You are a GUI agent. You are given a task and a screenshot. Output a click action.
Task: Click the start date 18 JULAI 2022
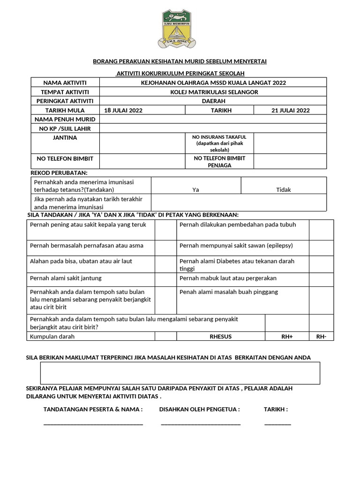point(123,110)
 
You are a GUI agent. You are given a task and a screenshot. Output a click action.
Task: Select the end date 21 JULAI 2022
point(290,110)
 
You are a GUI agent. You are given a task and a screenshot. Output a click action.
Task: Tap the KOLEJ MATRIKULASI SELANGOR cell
point(214,92)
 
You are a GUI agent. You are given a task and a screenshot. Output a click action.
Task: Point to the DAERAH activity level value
point(214,101)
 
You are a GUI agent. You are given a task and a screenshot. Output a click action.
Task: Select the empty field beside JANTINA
point(142,143)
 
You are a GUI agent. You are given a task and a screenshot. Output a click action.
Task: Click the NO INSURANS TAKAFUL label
point(219,143)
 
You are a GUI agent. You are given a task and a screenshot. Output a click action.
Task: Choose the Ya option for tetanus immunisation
point(196,190)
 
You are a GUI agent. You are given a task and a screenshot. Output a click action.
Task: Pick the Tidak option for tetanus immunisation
point(283,190)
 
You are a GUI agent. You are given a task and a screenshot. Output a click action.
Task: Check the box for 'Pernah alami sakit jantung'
point(165,278)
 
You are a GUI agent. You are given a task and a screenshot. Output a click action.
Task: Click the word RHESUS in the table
point(220,337)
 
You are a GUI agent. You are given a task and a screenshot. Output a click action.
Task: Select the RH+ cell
point(287,337)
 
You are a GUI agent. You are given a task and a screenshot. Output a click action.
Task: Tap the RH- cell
point(321,337)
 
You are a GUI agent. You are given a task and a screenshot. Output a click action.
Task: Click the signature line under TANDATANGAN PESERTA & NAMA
point(93,424)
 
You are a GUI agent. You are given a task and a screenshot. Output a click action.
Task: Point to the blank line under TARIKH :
point(277,424)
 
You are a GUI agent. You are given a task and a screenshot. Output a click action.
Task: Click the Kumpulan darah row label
point(52,337)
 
